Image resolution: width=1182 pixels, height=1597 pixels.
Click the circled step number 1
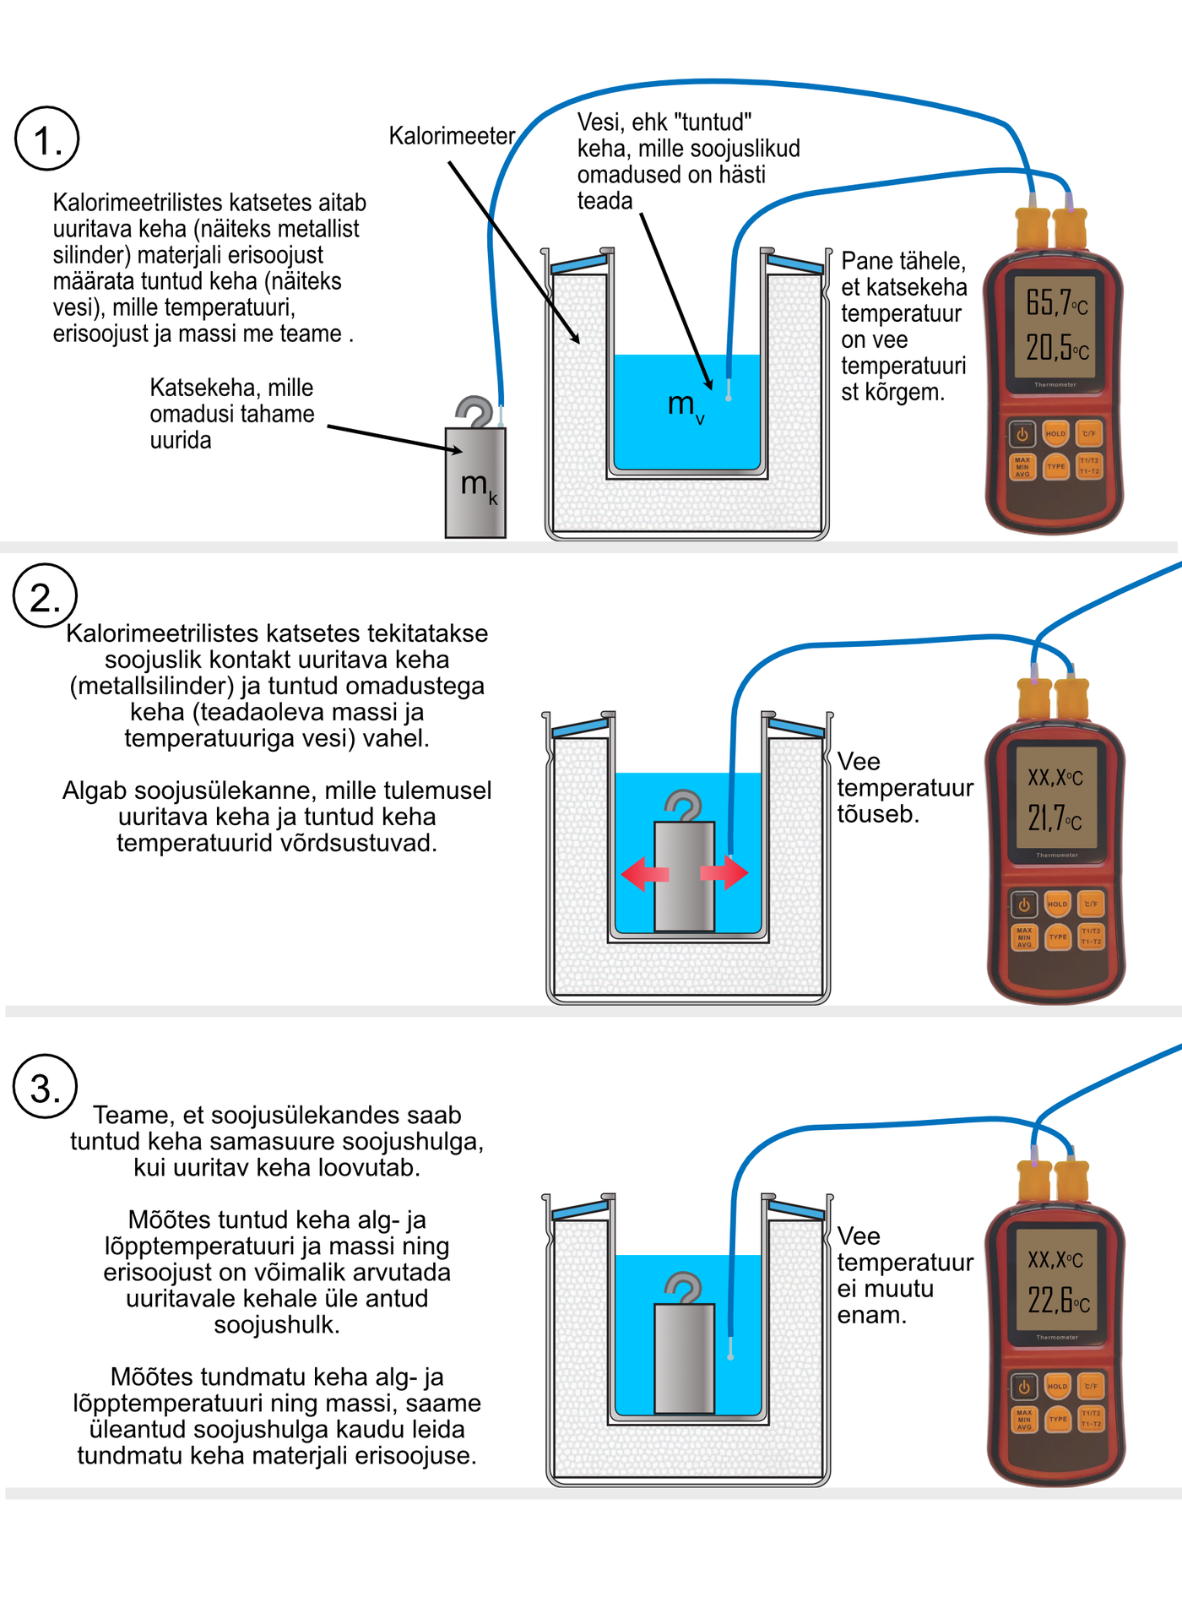(x=47, y=139)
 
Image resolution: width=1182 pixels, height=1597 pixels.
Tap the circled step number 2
(x=46, y=596)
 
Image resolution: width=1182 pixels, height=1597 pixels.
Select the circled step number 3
(x=46, y=1087)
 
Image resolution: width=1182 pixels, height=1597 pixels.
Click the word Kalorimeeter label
(x=451, y=136)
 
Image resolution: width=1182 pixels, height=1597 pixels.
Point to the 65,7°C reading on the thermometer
(x=1056, y=302)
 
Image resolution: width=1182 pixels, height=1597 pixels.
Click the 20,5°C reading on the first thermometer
(x=1056, y=347)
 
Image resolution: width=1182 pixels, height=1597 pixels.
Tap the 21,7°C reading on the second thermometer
(x=1055, y=818)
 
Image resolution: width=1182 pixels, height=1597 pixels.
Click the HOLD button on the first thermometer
(x=1055, y=434)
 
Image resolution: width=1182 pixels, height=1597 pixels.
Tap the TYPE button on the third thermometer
(x=1058, y=1420)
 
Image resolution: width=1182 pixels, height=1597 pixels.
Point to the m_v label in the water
(x=685, y=406)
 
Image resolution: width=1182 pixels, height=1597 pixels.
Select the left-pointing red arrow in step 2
(x=644, y=874)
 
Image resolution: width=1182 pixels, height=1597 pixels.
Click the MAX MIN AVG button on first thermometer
(x=1022, y=467)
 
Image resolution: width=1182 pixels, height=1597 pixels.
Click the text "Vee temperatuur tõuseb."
(x=903, y=788)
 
